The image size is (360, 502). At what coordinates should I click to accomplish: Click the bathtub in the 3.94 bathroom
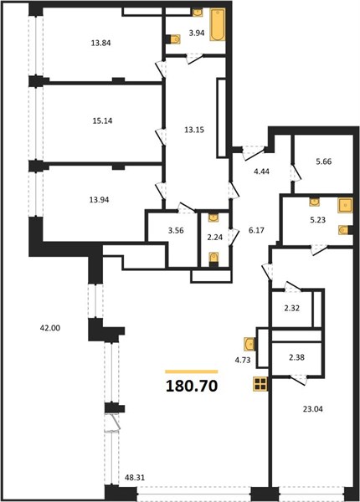tap(218, 24)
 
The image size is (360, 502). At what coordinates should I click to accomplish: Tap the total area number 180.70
tap(192, 386)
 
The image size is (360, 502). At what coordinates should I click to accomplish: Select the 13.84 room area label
tap(101, 43)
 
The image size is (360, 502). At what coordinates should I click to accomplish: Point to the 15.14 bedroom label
tap(101, 121)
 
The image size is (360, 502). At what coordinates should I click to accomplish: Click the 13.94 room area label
tap(99, 200)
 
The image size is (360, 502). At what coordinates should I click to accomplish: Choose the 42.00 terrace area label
tap(50, 328)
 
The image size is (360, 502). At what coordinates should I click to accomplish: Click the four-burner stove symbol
tap(260, 383)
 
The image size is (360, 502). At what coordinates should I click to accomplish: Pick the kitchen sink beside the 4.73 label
tap(249, 345)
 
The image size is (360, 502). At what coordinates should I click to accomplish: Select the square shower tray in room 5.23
tap(345, 205)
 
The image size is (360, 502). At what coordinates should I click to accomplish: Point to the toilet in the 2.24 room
tap(213, 259)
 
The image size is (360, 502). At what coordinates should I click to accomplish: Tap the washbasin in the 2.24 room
tap(213, 218)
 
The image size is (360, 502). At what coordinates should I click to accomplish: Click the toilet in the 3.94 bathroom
tap(173, 39)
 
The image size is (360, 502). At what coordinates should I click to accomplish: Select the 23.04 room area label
tap(312, 409)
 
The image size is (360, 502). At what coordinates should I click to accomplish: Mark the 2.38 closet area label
tap(296, 357)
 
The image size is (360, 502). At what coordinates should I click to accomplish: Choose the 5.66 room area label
tap(324, 161)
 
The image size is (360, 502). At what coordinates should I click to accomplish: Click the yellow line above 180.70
tap(192, 371)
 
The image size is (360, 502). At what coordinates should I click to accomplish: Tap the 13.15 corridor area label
tap(194, 131)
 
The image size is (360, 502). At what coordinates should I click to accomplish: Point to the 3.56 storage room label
tap(176, 230)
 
